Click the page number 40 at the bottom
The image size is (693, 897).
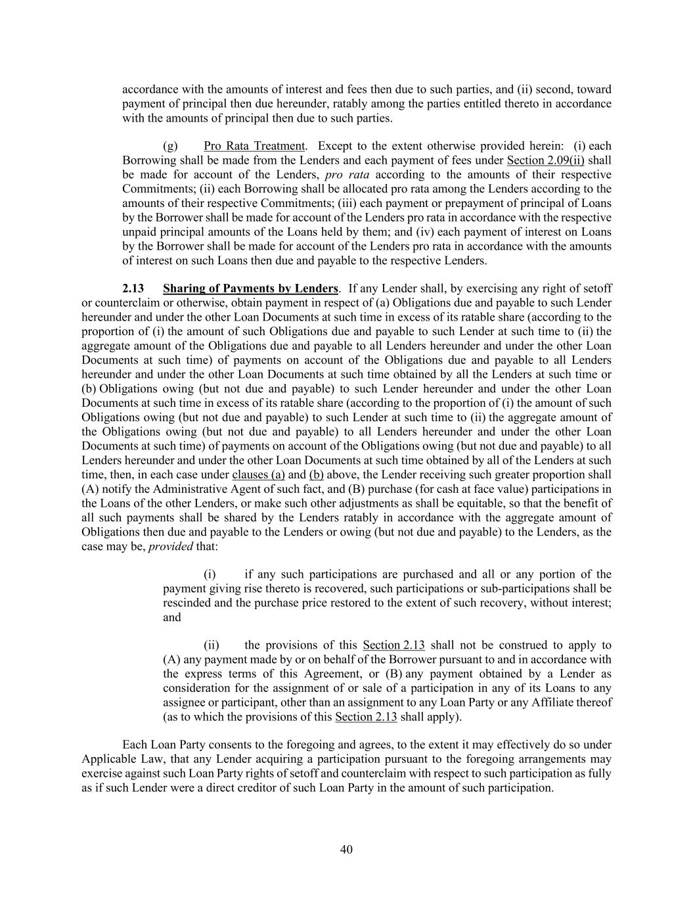click(346, 850)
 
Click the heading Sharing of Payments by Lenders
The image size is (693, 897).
click(250, 288)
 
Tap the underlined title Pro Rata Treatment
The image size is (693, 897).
click(254, 146)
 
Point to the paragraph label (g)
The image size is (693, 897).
click(170, 146)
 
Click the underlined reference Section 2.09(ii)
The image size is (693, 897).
click(546, 160)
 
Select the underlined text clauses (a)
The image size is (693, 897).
click(258, 474)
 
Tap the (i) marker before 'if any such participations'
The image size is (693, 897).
click(210, 574)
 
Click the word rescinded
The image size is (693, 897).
click(187, 603)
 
